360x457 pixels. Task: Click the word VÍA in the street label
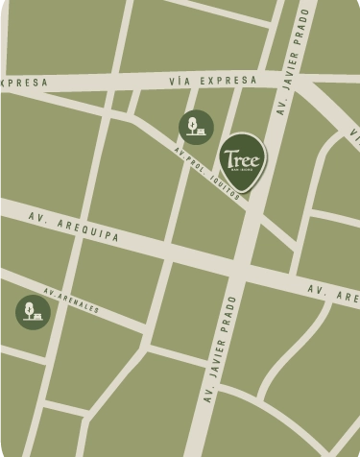click(x=179, y=82)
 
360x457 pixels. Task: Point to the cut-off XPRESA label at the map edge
click(x=23, y=83)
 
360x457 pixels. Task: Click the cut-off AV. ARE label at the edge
click(x=332, y=293)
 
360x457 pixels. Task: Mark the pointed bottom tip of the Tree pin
click(x=245, y=193)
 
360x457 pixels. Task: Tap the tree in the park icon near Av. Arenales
click(x=30, y=308)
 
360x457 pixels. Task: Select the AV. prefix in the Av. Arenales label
click(x=50, y=290)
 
